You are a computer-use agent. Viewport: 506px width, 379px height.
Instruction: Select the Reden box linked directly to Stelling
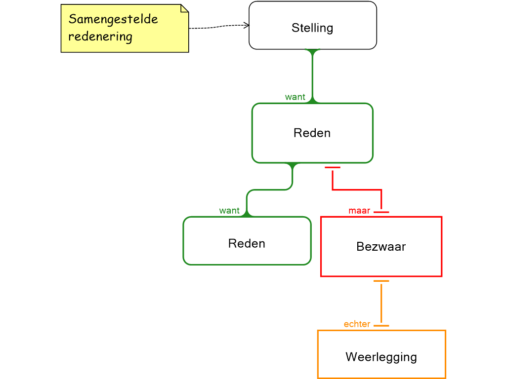[312, 133]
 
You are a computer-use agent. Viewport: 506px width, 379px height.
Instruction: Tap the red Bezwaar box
[381, 246]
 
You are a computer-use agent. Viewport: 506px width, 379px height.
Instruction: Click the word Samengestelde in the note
[113, 19]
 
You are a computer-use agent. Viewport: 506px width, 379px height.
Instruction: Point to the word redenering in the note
[100, 37]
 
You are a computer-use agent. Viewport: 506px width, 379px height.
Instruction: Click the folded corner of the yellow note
[184, 8]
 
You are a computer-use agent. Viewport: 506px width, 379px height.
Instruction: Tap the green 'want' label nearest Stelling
[295, 97]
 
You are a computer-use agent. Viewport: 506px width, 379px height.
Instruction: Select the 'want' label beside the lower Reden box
[229, 211]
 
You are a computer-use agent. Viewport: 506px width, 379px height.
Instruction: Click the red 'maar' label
[359, 211]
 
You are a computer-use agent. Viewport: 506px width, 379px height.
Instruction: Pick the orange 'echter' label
[357, 324]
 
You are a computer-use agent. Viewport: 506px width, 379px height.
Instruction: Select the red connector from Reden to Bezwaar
[357, 189]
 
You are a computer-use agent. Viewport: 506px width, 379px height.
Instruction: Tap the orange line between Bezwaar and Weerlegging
[381, 303]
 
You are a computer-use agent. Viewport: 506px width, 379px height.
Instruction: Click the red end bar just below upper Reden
[333, 168]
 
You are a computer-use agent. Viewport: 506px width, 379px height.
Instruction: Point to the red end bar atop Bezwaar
[381, 212]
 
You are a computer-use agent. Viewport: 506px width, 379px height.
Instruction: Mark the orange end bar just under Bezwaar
[381, 281]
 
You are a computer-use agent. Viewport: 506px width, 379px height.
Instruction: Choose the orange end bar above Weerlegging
[381, 326]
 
